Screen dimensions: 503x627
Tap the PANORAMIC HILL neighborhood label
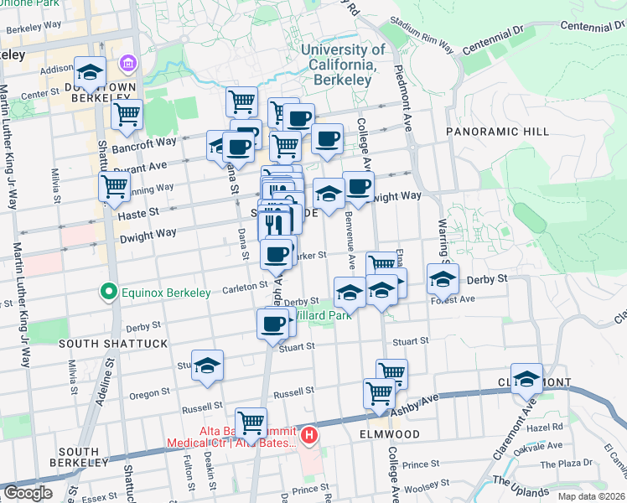pos(497,132)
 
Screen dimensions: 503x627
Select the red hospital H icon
pos(308,435)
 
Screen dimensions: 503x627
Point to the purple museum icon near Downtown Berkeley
pos(127,64)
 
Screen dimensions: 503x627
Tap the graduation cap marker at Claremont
pos(526,379)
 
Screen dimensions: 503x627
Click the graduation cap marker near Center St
pos(90,71)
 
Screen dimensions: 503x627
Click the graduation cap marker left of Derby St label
pos(443,279)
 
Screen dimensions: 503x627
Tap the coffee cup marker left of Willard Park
pos(271,324)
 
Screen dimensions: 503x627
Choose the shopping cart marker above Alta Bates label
pos(251,423)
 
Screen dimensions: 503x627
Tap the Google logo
pos(27,493)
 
